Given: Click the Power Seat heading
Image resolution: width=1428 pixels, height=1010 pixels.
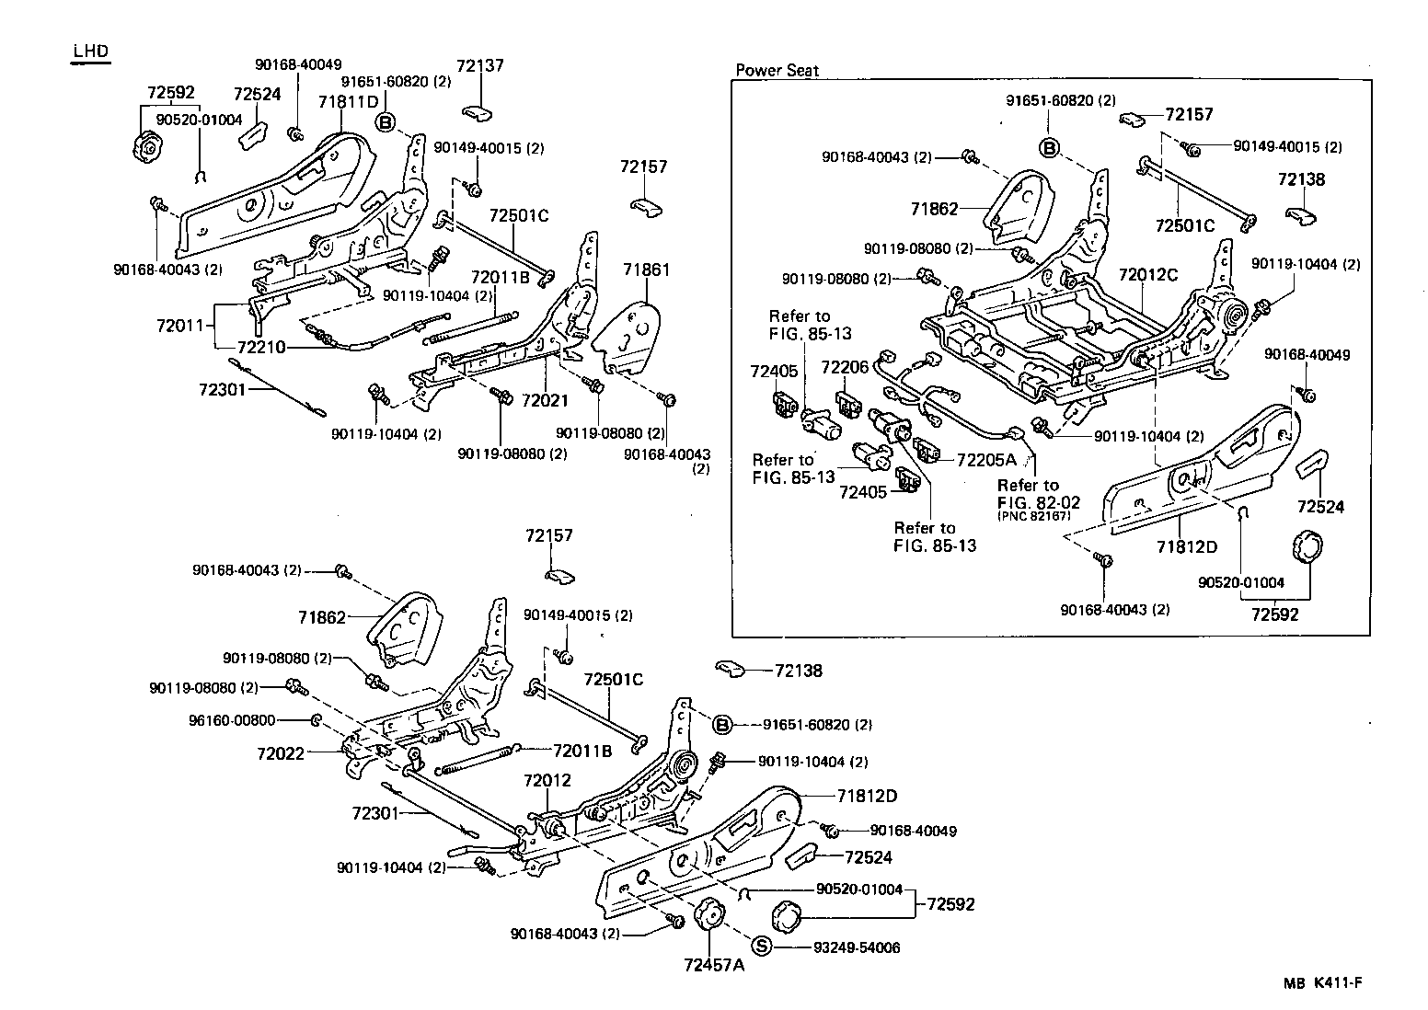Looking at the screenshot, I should [x=777, y=70].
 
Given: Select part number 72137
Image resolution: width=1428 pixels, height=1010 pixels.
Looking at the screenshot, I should [x=480, y=65].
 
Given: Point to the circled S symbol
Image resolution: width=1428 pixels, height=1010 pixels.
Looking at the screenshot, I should [x=761, y=946].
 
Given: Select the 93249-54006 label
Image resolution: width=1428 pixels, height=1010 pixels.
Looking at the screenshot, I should [x=857, y=947].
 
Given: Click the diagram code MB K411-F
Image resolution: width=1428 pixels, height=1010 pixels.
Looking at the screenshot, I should [x=1322, y=982].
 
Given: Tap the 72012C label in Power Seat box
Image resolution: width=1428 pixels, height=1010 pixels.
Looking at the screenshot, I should [x=1147, y=274].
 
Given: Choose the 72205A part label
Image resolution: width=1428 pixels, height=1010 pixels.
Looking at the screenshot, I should [x=985, y=459].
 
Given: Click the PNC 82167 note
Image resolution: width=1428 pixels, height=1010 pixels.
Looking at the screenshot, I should [x=1034, y=516].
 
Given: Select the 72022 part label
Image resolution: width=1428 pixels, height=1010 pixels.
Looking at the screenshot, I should [x=280, y=753].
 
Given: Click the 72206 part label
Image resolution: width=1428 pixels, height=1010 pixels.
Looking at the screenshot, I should [x=845, y=368].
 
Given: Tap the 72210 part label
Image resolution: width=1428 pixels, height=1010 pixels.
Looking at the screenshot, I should [x=261, y=348].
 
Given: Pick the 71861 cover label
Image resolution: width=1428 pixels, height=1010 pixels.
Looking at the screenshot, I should [x=646, y=270].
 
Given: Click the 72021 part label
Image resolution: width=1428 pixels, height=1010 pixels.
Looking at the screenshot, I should [x=545, y=400].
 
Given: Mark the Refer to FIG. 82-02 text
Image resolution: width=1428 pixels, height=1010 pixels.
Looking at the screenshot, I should [x=1038, y=494].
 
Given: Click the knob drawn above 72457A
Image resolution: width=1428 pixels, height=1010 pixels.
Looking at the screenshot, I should [x=709, y=915].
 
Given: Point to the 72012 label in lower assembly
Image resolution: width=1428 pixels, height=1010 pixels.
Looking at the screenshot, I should [x=547, y=780].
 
